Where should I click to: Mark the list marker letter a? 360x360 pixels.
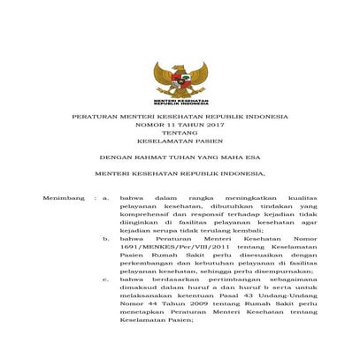click(x=106, y=198)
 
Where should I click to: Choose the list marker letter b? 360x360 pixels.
click(x=106, y=239)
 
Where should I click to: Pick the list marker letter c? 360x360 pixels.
click(x=106, y=280)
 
